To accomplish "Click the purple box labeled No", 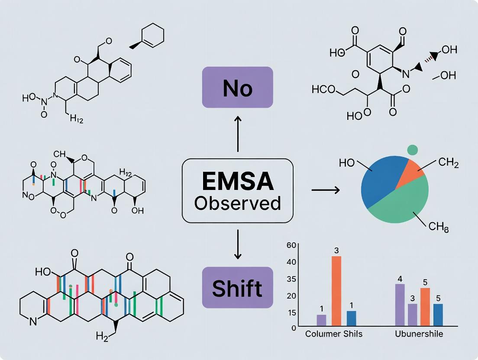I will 237,87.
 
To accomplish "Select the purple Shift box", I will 237,288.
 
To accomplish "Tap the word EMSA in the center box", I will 238,182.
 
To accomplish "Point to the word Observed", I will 238,202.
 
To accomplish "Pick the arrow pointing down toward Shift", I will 238,244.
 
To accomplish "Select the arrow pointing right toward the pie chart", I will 325,190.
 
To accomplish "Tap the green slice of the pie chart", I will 403,203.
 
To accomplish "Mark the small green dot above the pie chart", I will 413,150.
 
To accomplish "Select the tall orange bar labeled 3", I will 336,291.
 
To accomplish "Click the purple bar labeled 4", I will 400,305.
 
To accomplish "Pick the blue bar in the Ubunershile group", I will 438,315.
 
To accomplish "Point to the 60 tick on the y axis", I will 291,245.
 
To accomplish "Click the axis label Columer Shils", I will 334,334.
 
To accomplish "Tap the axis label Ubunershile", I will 419,334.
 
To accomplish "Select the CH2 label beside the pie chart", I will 449,163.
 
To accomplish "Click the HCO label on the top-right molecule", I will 323,90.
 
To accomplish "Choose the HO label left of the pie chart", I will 347,163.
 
